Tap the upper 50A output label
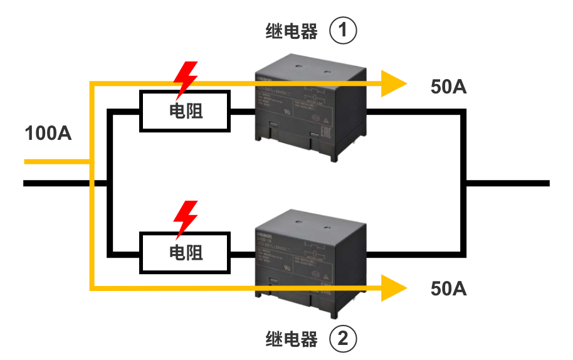click(x=449, y=87)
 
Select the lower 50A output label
click(x=449, y=289)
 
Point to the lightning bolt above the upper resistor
click(x=186, y=78)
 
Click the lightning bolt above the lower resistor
click(x=186, y=218)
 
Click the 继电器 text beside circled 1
click(x=292, y=31)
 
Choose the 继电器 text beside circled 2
click(x=292, y=339)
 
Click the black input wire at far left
click(x=56, y=183)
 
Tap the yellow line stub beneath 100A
click(x=53, y=162)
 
